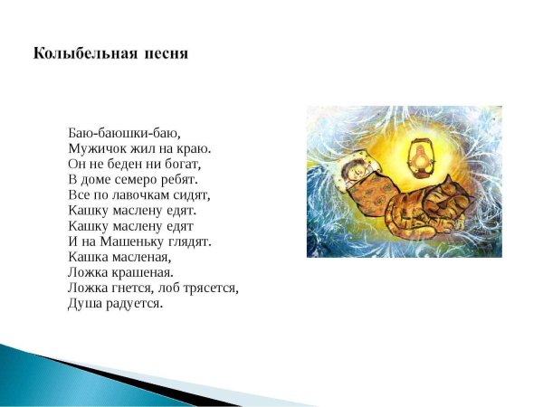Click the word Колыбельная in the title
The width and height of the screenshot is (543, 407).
(x=85, y=54)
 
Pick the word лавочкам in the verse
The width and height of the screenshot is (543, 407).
(x=135, y=194)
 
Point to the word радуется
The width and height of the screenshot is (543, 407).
(x=134, y=304)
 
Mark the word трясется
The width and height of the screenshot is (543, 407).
(x=211, y=289)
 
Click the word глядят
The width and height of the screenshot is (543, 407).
(x=189, y=241)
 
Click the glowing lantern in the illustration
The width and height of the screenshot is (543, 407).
(x=421, y=158)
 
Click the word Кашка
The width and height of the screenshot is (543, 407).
(x=88, y=257)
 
